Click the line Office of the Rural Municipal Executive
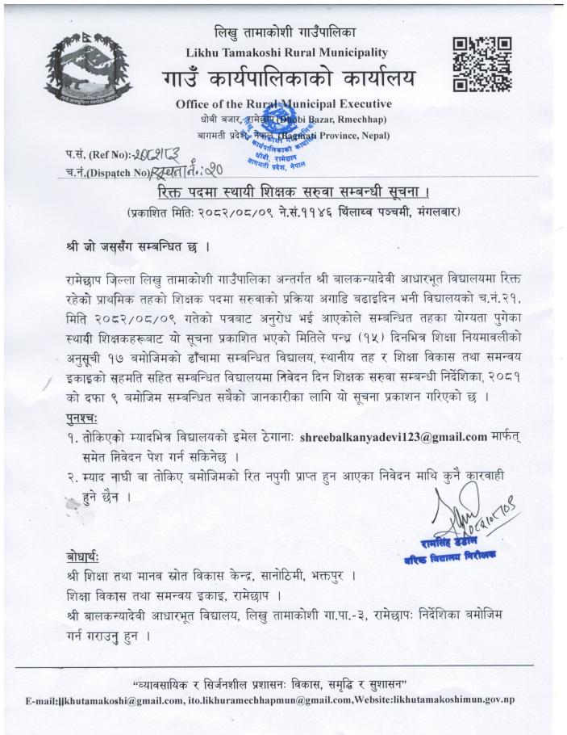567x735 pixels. [x=283, y=103]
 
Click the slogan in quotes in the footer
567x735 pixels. [x=282, y=682]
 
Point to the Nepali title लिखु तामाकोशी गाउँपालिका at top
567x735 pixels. [x=283, y=33]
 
